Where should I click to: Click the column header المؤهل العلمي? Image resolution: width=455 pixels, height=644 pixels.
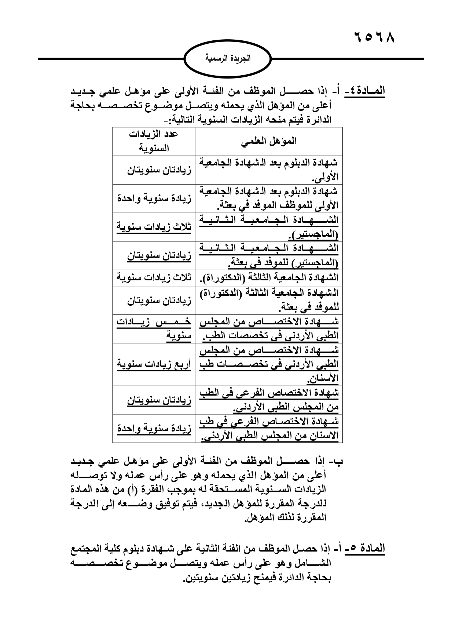coord(269,141)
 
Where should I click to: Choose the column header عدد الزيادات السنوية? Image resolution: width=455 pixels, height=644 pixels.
coord(154,141)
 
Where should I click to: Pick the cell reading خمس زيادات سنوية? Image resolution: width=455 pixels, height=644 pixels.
coord(154,328)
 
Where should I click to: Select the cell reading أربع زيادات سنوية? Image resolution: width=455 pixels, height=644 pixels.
coord(154,364)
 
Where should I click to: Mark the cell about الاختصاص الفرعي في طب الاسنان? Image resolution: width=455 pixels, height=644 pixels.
coord(269,429)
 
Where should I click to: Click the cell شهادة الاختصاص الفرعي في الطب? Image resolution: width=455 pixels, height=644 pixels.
coord(269,400)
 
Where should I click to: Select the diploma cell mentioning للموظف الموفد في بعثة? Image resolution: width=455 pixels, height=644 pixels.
coord(269,198)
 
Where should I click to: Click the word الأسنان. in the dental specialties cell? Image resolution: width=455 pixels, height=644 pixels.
coord(324,378)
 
